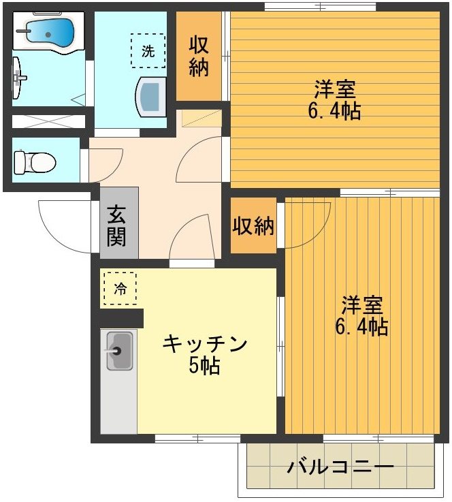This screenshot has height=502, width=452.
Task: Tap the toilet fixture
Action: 34,162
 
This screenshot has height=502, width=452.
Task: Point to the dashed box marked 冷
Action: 120,288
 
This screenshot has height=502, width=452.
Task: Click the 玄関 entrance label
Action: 116,225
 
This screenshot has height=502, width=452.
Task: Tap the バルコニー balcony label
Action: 340,468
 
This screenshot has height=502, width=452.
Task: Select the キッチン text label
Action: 204,345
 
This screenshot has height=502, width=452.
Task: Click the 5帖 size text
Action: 204,366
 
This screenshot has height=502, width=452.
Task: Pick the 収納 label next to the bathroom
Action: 199,57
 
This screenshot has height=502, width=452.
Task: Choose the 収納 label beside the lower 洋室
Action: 254,226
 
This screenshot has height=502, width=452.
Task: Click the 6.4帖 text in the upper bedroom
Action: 334,110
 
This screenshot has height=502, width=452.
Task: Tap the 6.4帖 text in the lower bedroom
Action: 361,327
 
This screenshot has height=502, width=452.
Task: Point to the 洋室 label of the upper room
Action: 334,89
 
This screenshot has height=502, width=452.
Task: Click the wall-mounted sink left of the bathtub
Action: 20,78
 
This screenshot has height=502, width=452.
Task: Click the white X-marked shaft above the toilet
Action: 48,123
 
